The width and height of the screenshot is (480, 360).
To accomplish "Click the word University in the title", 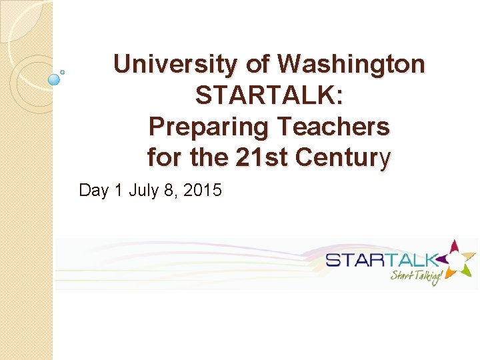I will pyautogui.click(x=175, y=65).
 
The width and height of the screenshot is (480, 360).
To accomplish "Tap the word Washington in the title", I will pyautogui.click(x=351, y=65).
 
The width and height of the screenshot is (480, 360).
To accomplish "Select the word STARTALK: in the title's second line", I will pyautogui.click(x=269, y=95).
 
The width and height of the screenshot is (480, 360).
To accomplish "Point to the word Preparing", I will pyautogui.click(x=208, y=127).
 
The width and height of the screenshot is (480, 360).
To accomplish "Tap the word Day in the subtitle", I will pyautogui.click(x=93, y=191).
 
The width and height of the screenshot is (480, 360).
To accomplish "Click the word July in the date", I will pyautogui.click(x=144, y=191).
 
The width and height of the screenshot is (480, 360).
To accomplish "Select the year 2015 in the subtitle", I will pyautogui.click(x=202, y=191).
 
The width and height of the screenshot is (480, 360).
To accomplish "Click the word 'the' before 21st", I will pyautogui.click(x=207, y=158).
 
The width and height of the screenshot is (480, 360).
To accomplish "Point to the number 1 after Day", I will pyautogui.click(x=119, y=191).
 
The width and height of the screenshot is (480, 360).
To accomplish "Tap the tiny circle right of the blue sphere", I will pyautogui.click(x=63, y=71).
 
